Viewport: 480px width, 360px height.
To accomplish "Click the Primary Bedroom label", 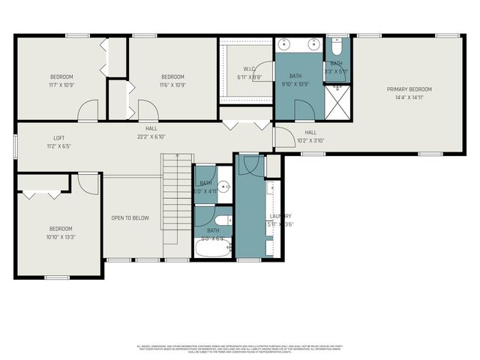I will (409, 89).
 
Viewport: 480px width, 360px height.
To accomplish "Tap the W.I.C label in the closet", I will (229, 69).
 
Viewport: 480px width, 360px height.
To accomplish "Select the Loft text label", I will (58, 138).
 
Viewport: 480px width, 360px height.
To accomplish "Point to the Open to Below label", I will (130, 218).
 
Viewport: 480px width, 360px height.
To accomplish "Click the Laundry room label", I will (280, 216).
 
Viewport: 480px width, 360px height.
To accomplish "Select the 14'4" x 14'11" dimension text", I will (409, 97).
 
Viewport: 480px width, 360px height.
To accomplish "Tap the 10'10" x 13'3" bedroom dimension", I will (61, 237).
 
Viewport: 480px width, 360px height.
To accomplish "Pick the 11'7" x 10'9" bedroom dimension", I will (61, 85).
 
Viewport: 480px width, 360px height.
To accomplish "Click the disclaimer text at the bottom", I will (240, 349).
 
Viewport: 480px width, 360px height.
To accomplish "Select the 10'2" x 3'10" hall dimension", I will (310, 140).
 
